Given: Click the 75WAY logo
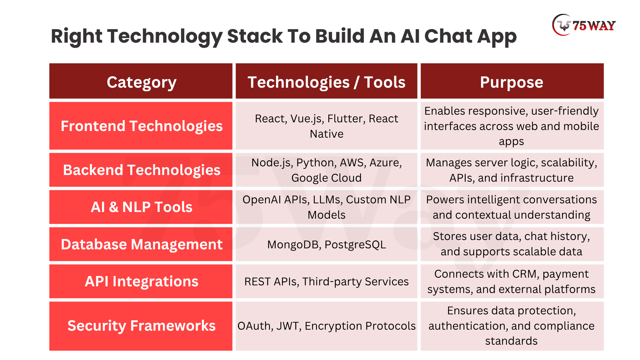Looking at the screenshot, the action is [x=584, y=25].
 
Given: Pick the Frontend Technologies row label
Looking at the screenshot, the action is [x=141, y=126].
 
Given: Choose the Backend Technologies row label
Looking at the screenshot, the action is [x=141, y=170].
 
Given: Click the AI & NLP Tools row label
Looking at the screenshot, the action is [x=141, y=207].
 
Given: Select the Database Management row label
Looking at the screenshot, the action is [x=141, y=244].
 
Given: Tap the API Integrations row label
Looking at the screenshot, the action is [x=141, y=281].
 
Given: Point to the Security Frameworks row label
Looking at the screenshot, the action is [x=141, y=326].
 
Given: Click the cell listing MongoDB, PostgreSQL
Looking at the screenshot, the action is [x=326, y=244].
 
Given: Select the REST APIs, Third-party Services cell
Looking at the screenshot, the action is [x=326, y=281].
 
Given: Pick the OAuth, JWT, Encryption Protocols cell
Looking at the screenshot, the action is [x=326, y=326].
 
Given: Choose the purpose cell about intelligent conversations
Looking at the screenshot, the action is [x=512, y=207].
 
